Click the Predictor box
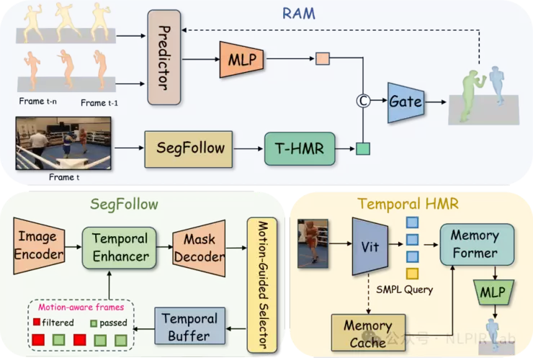pyautogui.click(x=164, y=57)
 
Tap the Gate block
pyautogui.click(x=405, y=102)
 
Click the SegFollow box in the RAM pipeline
pyautogui.click(x=190, y=149)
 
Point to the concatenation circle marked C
pyautogui.click(x=363, y=102)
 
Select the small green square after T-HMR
pyautogui.click(x=362, y=149)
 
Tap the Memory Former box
pyautogui.click(x=475, y=244)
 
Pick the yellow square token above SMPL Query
pyautogui.click(x=413, y=273)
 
